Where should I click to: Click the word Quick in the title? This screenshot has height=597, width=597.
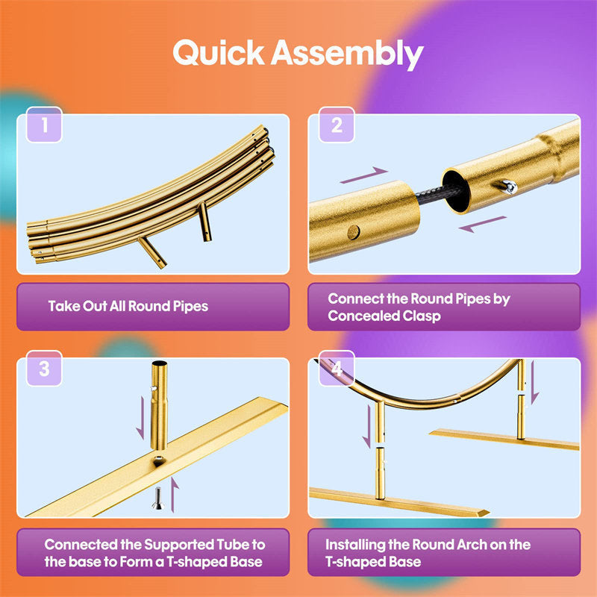pos(219,52)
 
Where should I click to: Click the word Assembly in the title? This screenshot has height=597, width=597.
pos(347,54)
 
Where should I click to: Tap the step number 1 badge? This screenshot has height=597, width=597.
pos(44,125)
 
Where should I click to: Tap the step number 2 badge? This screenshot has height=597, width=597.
pos(337,125)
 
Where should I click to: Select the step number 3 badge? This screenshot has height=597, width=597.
pos(44,368)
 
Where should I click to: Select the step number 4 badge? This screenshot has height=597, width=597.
pos(337,368)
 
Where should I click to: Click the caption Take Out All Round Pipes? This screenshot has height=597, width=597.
pos(128,307)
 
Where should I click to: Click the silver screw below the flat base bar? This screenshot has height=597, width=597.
pos(157,498)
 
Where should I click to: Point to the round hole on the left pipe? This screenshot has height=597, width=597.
pos(354,232)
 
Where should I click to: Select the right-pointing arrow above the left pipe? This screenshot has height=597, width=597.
pos(364,175)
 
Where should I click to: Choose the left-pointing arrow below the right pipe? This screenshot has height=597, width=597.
pos(483,224)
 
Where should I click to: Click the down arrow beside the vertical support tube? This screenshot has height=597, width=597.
pos(140,418)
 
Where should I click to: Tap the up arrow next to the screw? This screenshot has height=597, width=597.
pos(174,494)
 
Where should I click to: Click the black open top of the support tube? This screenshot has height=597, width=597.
pos(160,363)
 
